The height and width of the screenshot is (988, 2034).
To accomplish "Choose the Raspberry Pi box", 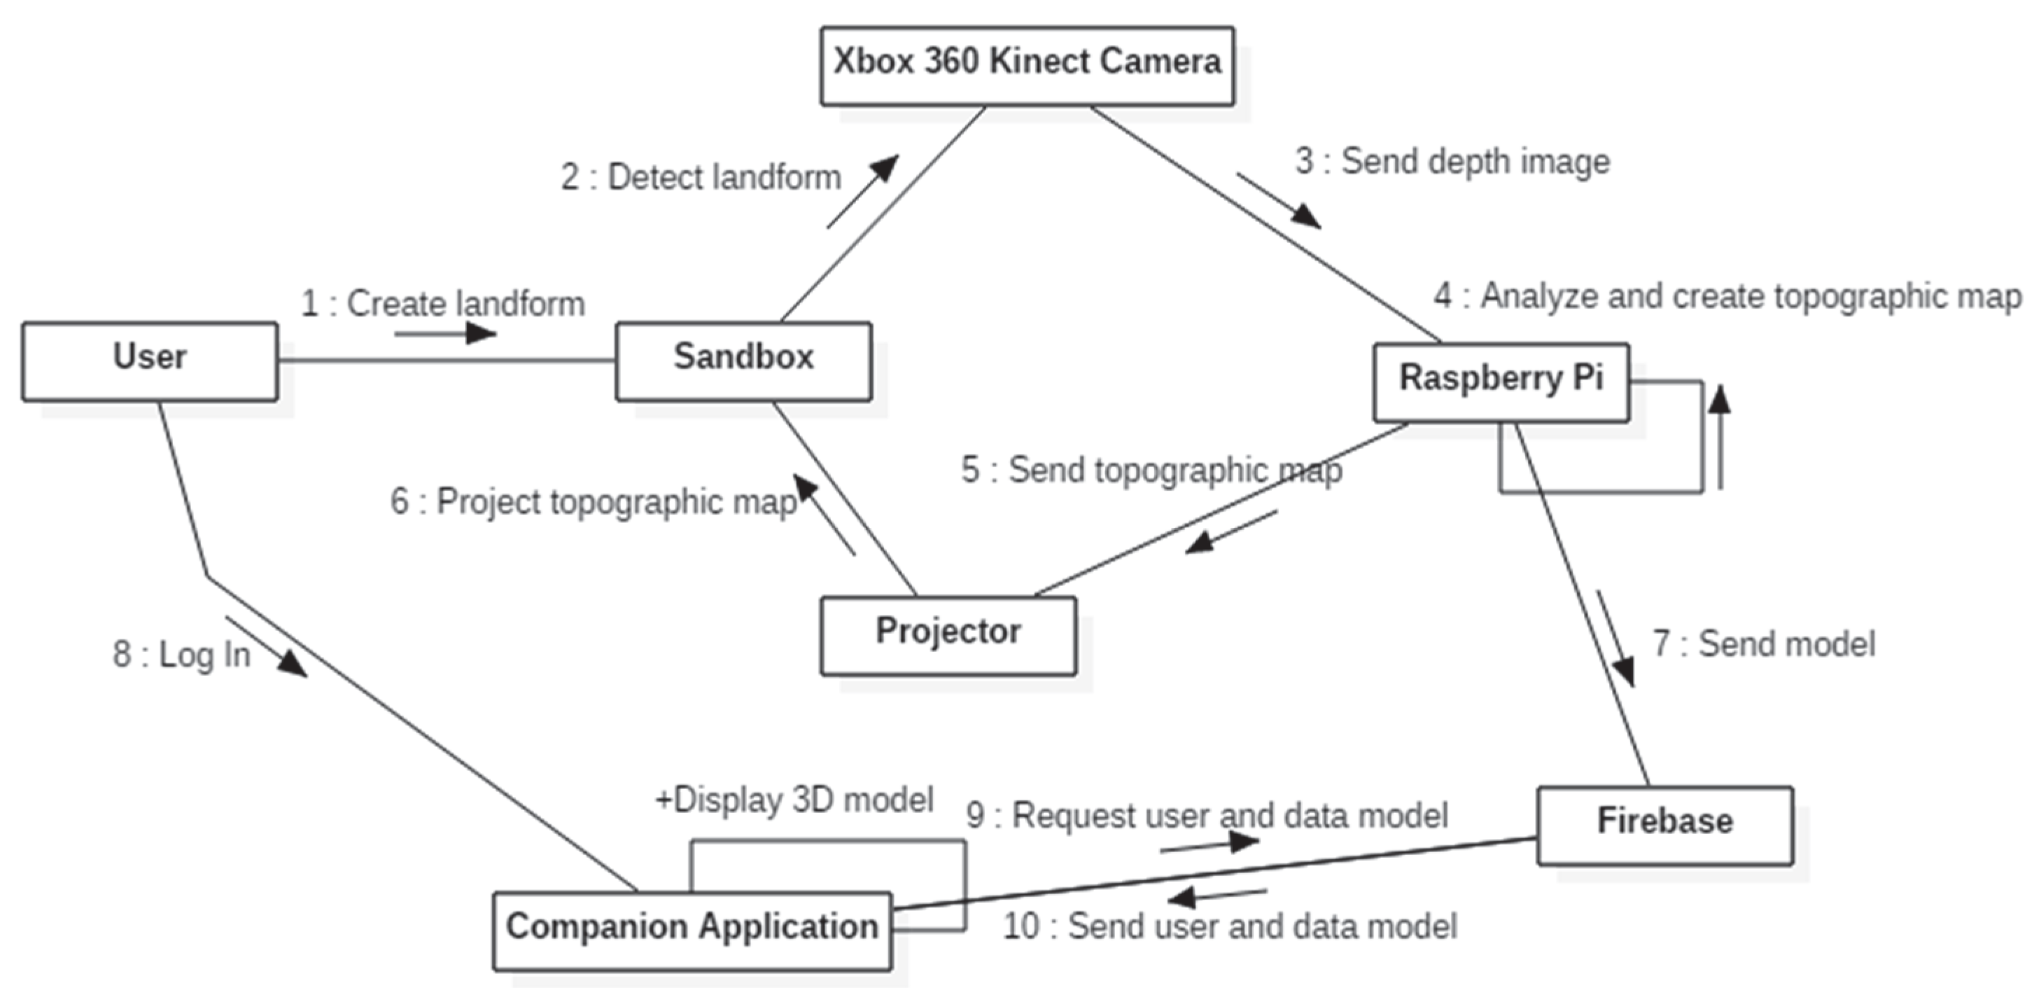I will click(1500, 382).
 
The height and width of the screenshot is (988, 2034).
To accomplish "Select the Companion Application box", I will click(692, 931).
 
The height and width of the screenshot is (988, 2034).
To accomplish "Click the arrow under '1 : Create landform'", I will click(446, 333).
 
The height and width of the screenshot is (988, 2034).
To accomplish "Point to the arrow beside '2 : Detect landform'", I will click(862, 192).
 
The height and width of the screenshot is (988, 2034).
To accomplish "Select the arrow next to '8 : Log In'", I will click(266, 646).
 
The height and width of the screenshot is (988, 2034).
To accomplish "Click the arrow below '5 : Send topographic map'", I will click(1231, 531).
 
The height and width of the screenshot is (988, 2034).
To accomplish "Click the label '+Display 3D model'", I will click(794, 799).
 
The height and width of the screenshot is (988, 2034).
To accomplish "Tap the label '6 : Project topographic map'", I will click(593, 501).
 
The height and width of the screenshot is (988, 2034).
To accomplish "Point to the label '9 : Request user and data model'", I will click(1207, 815).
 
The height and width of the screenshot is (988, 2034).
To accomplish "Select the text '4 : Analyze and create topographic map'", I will click(1727, 296).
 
